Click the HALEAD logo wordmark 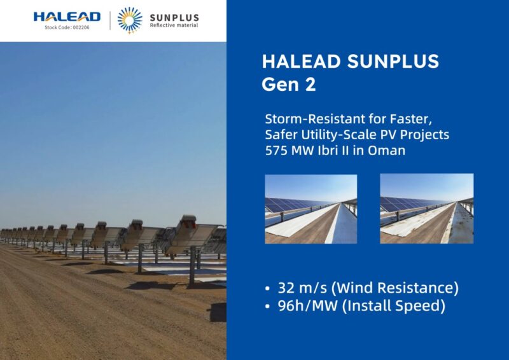pyautogui.click(x=67, y=16)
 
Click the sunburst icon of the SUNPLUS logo pyautogui.click(x=130, y=20)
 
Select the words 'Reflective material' pyautogui.click(x=174, y=26)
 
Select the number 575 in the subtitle pyautogui.click(x=279, y=151)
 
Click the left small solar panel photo pyautogui.click(x=311, y=209)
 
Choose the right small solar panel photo pyautogui.click(x=427, y=209)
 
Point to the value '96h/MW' pyautogui.click(x=310, y=306)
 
